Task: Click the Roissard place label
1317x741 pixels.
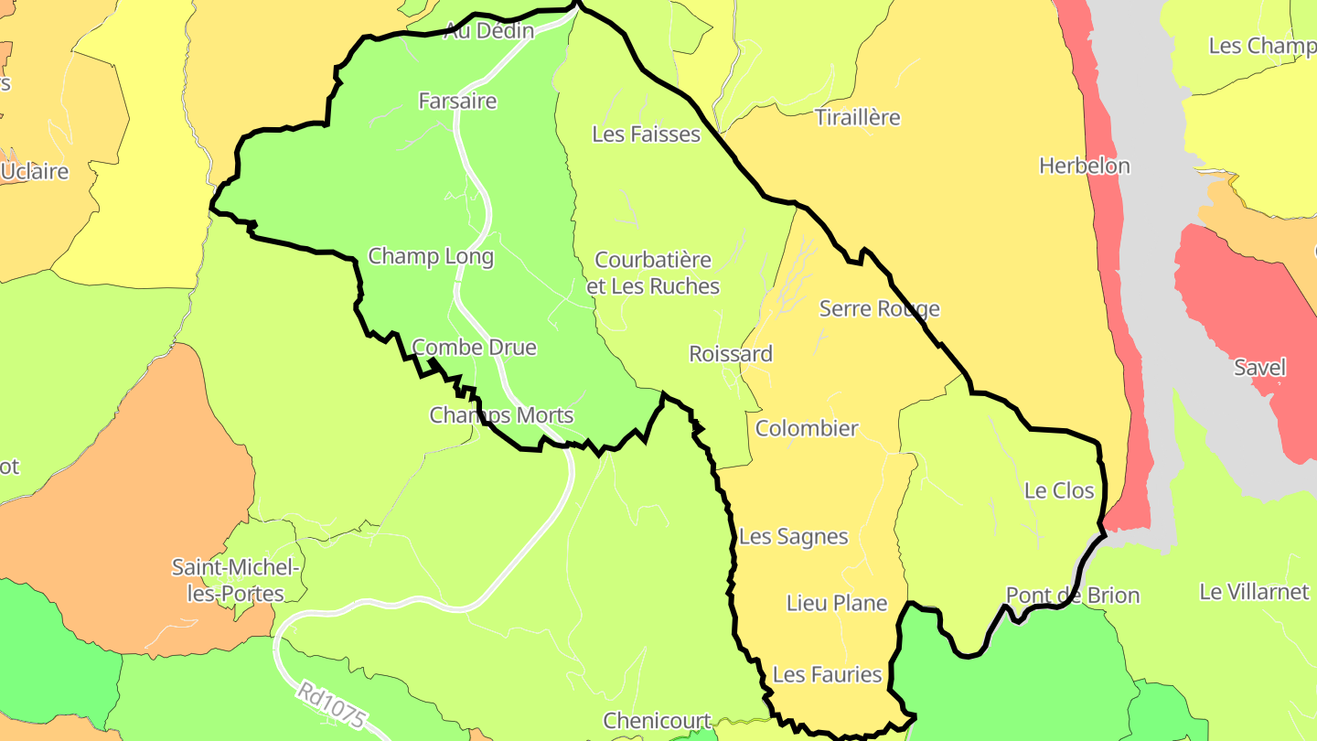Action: coord(731,354)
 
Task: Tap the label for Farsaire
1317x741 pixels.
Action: coord(457,101)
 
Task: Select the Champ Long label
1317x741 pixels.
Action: coord(431,256)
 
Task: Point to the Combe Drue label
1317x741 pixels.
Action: coord(474,348)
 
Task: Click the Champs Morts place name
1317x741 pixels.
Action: coord(501,415)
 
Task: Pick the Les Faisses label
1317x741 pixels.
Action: coord(646,134)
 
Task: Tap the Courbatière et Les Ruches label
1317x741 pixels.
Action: coord(653,273)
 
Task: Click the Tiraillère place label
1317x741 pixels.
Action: coord(857,118)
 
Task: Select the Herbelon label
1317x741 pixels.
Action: coord(1084,166)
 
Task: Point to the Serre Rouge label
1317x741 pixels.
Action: coord(879,309)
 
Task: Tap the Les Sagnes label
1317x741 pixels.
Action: coord(793,537)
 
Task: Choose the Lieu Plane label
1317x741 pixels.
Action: coord(837,603)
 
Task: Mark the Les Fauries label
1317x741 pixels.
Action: coord(827,675)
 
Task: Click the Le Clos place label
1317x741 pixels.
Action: coord(1059,490)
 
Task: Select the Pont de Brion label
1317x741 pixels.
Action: coord(1073,596)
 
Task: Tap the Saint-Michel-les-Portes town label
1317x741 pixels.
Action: coord(236,581)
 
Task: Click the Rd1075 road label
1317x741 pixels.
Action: coord(330,705)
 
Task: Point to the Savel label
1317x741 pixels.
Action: coord(1259,368)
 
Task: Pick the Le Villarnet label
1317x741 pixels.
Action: coord(1254,592)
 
